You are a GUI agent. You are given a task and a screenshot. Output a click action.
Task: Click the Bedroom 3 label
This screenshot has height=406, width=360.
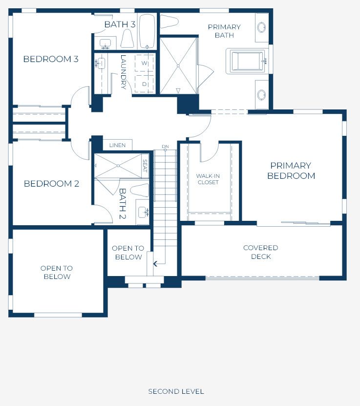51,59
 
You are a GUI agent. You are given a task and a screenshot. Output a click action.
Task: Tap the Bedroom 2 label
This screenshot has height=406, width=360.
51,184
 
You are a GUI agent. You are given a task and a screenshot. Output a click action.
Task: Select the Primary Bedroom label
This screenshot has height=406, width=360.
291,171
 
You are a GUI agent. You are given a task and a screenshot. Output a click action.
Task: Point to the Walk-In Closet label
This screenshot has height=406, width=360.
208,179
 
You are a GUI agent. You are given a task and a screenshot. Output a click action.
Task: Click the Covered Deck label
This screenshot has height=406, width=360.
261,252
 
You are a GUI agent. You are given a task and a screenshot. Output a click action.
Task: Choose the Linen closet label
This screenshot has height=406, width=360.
117,145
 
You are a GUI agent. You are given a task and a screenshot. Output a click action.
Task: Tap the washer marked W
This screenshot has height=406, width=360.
145,63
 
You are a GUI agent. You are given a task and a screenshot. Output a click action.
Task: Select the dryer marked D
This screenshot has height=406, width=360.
145,84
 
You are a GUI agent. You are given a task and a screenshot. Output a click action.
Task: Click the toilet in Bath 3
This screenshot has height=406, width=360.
127,38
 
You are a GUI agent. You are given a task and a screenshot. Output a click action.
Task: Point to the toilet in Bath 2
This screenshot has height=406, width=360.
140,191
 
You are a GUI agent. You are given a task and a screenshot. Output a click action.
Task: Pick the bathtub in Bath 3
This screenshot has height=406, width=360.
147,31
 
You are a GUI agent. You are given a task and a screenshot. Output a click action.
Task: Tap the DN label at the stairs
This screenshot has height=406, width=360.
166,147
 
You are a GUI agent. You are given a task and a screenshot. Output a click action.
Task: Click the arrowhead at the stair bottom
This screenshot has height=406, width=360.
155,264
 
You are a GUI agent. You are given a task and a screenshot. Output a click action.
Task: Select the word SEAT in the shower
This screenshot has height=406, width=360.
145,166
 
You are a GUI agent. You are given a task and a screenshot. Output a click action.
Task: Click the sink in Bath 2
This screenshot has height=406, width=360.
142,212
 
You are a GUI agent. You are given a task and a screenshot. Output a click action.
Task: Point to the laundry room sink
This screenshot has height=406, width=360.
101,63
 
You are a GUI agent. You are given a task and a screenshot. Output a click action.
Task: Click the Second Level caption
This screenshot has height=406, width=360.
176,391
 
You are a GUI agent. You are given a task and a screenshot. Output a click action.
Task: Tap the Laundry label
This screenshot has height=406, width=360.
124,72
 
